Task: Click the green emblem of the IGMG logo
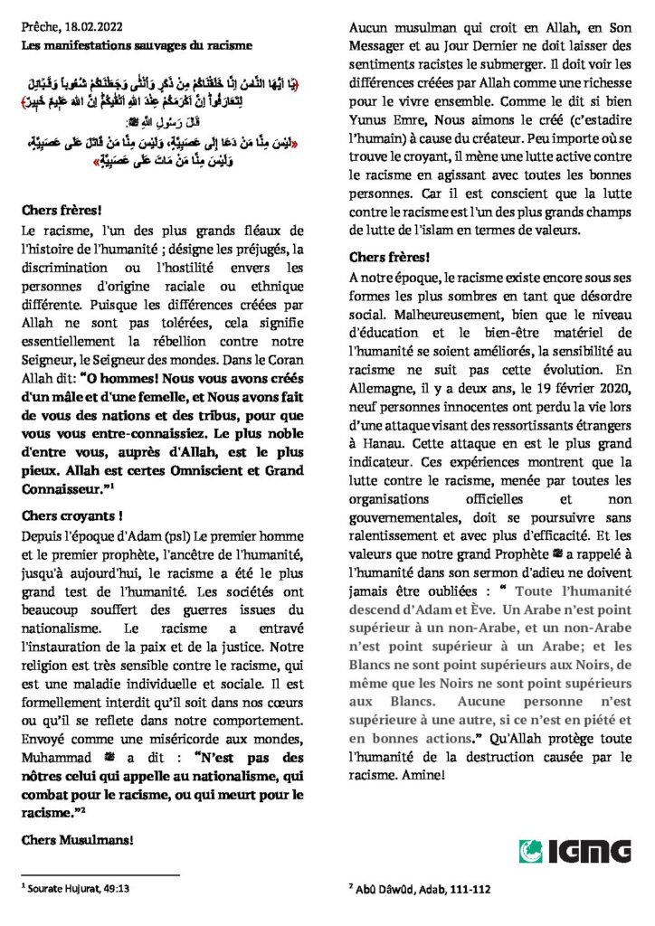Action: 534,852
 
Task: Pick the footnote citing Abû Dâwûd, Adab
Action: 423,889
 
